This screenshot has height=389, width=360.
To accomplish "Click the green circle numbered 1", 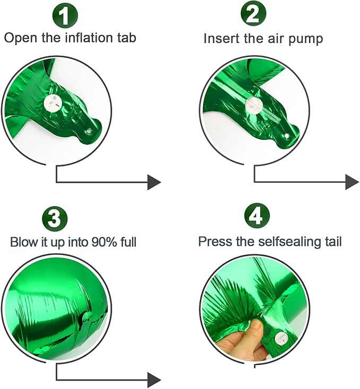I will pos(64,16).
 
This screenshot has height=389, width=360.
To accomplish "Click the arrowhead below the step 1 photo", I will pos(154,182).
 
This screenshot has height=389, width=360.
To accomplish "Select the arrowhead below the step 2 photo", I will pos(352,182).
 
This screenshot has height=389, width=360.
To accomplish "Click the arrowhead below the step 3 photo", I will pos(154,379).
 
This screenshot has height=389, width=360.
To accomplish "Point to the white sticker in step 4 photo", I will pos(279,337).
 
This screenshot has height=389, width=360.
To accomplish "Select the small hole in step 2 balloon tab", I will pos(287,136).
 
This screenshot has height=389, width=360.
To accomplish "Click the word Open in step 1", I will pos(17,38).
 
